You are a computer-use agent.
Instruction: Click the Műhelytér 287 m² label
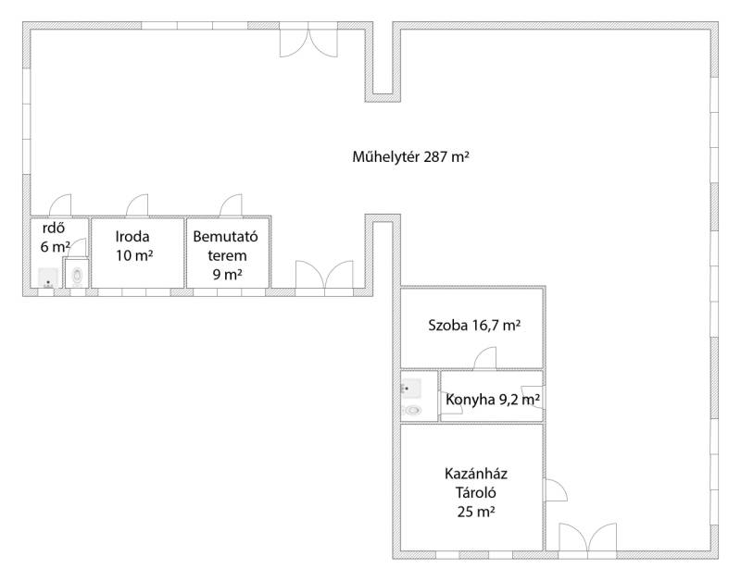coord(410,156)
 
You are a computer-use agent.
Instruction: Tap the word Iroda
coord(132,237)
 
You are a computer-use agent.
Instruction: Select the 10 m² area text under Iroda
coord(134,256)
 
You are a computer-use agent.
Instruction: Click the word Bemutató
coord(225,236)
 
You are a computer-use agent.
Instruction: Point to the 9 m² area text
coord(227,274)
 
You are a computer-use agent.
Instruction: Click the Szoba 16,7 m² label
coord(474,325)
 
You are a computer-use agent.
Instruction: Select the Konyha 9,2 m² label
coord(493,400)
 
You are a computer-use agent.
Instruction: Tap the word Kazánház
coord(476,474)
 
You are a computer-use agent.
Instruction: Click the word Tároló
coord(476,493)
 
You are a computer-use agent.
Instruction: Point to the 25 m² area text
coord(476,512)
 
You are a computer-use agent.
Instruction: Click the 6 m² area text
coord(55,246)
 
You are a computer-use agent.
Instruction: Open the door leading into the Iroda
coord(137,205)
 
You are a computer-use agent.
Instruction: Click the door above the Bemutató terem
coord(231,205)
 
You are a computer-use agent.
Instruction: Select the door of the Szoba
coord(484,358)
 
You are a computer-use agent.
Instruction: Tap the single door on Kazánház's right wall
coord(556,490)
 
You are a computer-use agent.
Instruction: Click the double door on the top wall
coord(308,43)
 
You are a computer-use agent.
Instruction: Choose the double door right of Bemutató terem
coord(324,274)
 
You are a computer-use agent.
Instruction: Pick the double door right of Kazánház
coord(587,538)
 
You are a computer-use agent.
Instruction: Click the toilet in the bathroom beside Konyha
coord(413,410)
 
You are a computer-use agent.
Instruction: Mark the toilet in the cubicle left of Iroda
coord(77,274)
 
